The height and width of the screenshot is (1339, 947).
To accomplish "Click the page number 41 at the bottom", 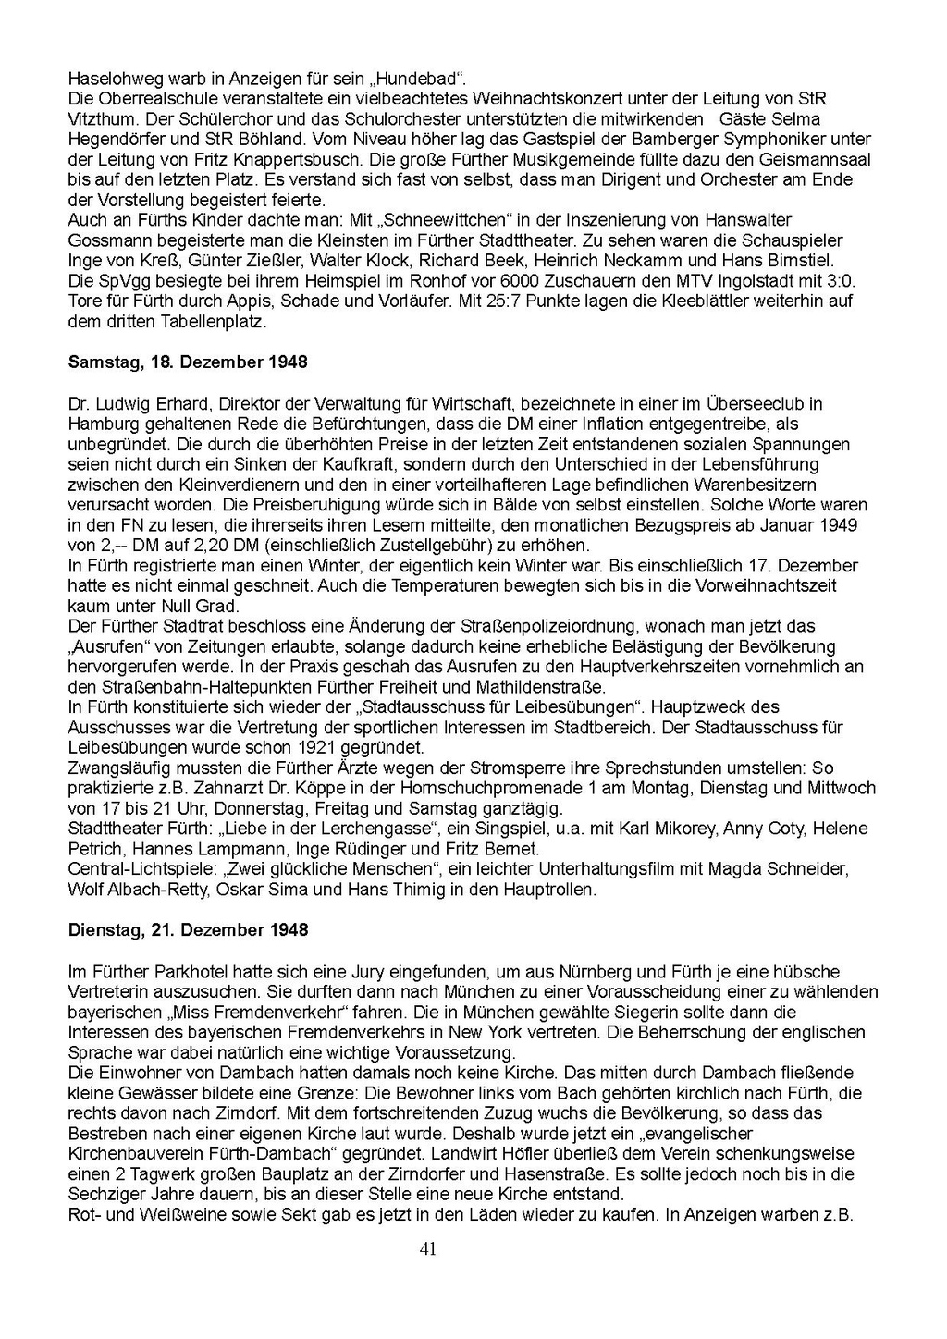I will tap(427, 1249).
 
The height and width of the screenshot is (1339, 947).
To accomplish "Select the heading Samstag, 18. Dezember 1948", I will tap(188, 362).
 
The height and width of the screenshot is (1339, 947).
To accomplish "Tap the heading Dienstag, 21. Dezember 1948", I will tap(188, 930).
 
